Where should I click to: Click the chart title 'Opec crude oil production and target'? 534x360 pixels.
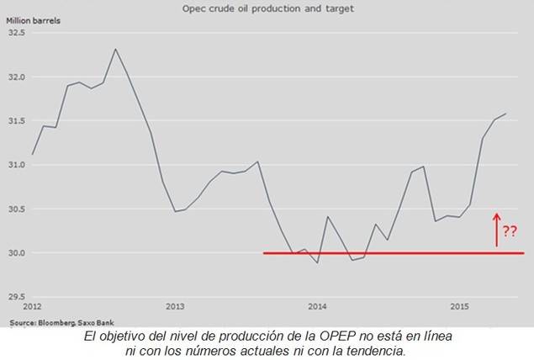coord(267,9)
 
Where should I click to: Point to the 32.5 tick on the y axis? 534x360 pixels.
coord(17,33)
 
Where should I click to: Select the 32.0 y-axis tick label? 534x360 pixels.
coord(17,77)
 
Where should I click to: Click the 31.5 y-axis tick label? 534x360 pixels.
coord(17,121)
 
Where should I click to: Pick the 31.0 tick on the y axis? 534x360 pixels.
coord(17,165)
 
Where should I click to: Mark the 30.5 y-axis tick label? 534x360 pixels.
coord(17,209)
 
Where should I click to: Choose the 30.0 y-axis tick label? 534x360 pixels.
coord(17,253)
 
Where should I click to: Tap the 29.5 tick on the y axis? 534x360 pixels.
coord(17,297)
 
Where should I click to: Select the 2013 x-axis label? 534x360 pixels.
coord(175,306)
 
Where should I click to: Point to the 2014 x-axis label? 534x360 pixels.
coord(317,306)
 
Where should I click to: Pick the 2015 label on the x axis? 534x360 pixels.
coord(459,306)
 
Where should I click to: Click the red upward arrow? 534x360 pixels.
coord(496,229)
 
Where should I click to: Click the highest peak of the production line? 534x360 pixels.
coord(115,49)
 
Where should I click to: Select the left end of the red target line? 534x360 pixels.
coord(265,252)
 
